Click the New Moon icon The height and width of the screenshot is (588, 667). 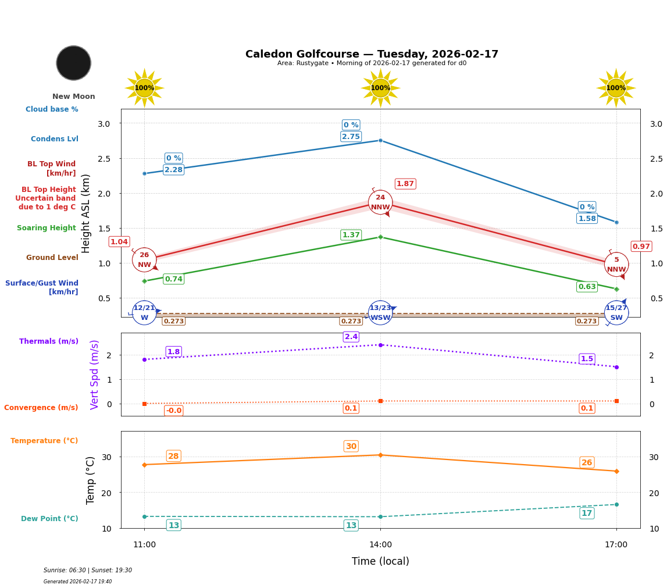(x=74, y=63)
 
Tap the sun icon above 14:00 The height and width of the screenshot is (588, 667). (x=380, y=88)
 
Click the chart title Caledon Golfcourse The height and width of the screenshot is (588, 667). (x=372, y=54)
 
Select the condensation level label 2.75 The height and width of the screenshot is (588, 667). (x=351, y=137)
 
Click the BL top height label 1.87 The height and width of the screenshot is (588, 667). (x=405, y=184)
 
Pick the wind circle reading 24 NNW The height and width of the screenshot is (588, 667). (x=380, y=202)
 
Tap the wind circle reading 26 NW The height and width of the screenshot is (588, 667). (x=144, y=260)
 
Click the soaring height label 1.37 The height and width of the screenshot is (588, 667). (x=351, y=235)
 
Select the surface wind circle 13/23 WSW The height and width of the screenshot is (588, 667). (x=380, y=313)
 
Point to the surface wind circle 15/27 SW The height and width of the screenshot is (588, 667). (x=616, y=313)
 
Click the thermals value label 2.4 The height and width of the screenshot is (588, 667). (x=351, y=337)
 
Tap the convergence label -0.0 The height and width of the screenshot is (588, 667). (x=173, y=411)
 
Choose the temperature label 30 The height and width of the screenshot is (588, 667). (x=351, y=446)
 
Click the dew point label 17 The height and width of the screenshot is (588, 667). (x=587, y=513)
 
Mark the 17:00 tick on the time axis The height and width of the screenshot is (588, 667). (x=616, y=544)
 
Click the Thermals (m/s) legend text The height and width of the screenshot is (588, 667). (x=49, y=341)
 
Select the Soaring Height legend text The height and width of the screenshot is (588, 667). (x=47, y=228)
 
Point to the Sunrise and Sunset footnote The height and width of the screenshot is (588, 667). (x=88, y=570)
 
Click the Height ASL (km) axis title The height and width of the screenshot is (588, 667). (x=86, y=213)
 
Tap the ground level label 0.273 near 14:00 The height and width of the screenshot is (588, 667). (x=351, y=321)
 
